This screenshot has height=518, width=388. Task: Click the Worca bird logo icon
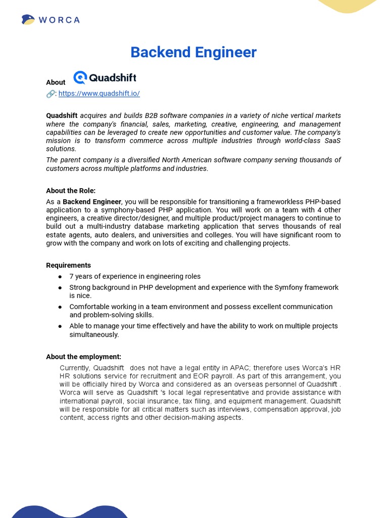[x=28, y=20]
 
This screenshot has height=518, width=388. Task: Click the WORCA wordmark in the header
[x=59, y=20]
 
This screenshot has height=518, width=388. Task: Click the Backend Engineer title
[x=193, y=52]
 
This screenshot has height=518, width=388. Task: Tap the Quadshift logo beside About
[x=105, y=78]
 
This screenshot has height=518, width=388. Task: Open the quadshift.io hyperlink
[x=99, y=94]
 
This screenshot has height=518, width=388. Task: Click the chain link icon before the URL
[x=51, y=94]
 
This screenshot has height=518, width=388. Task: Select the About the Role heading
[x=71, y=191]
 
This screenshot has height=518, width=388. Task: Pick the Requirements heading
[x=69, y=265]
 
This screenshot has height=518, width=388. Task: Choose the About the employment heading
[x=83, y=357]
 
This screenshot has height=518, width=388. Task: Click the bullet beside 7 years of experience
[x=60, y=277]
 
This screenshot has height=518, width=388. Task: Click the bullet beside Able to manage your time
[x=60, y=326]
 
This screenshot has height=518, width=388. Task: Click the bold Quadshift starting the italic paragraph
[x=62, y=116]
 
